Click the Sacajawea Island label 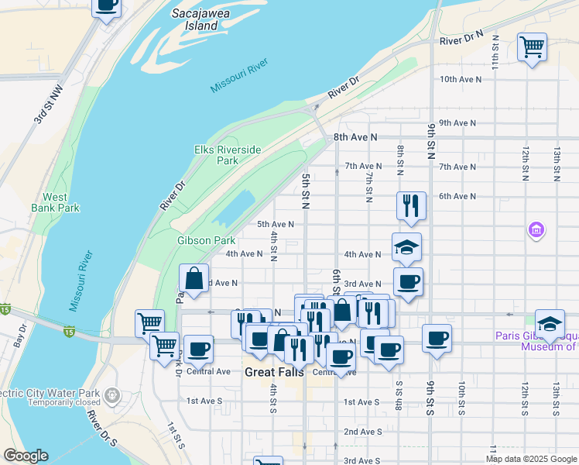click(x=195, y=20)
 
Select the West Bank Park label click(x=55, y=202)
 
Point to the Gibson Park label click(x=206, y=240)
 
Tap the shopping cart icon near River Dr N click(x=532, y=47)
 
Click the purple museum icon click(x=536, y=230)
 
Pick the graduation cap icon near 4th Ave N click(x=406, y=247)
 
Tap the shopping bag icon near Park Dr click(x=194, y=277)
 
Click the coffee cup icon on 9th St click(x=437, y=338)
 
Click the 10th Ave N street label click(x=456, y=79)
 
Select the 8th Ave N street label click(x=355, y=137)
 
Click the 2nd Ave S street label click(x=362, y=432)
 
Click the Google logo click(x=26, y=456)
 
